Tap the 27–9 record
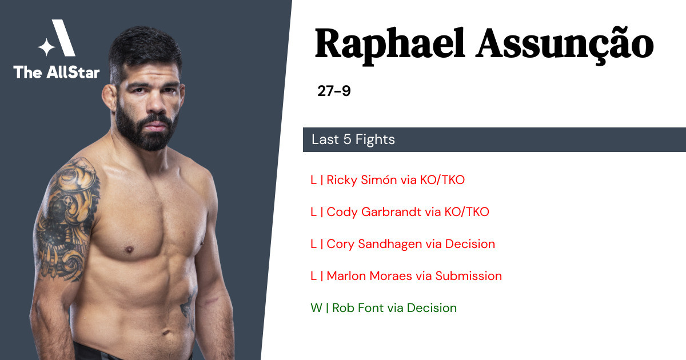coord(334,91)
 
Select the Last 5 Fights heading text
coord(353,139)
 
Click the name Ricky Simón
coord(361,179)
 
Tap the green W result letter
coord(316,308)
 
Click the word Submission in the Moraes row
coord(469,276)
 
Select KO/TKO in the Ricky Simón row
coord(442,179)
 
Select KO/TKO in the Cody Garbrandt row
coord(466,212)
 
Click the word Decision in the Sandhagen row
coord(470,244)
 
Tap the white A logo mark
coord(63,38)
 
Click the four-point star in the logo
coord(46,47)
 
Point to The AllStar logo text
coord(57,72)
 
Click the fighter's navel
coord(166,333)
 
